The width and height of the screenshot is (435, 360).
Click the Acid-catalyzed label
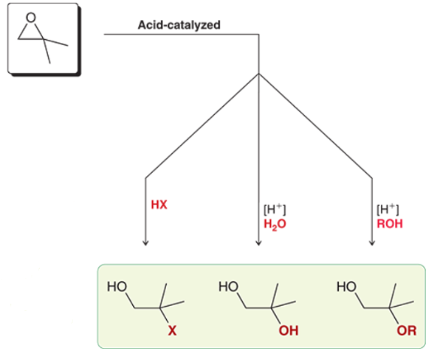[x=179, y=25]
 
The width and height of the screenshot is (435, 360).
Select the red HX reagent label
[x=159, y=204]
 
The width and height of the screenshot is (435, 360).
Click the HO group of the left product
[x=116, y=287]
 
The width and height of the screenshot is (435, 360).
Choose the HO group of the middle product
[x=227, y=287]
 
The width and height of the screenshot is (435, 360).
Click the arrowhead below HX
[x=145, y=242]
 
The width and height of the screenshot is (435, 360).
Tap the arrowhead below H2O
[x=258, y=242]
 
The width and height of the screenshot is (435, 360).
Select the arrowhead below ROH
[x=372, y=242]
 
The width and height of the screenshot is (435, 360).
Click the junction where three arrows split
[x=258, y=74]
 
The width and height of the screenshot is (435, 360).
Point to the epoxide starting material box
[x=41, y=38]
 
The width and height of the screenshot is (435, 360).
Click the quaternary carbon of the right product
[x=392, y=304]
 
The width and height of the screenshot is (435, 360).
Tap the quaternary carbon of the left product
[x=160, y=304]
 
